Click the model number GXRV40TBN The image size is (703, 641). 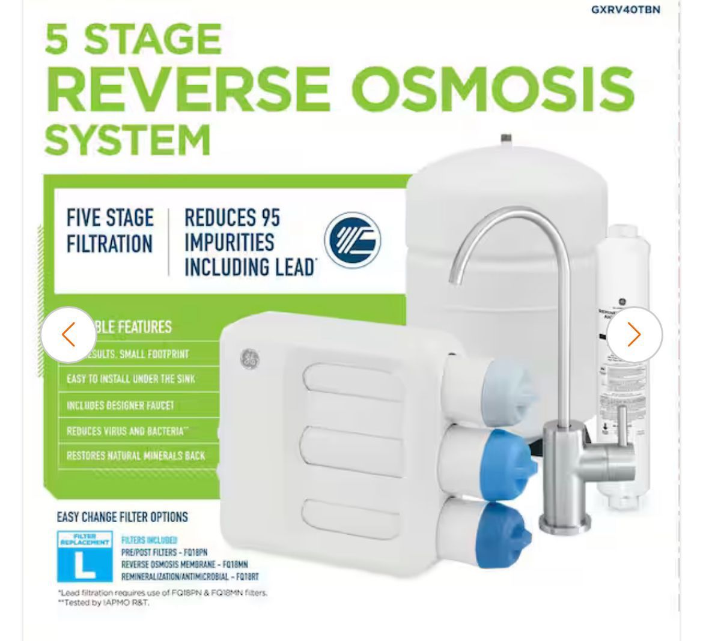click(625, 10)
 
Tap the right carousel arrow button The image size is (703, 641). click(634, 334)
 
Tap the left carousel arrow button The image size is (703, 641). click(68, 334)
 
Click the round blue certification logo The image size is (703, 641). click(353, 241)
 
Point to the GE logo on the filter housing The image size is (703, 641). click(249, 358)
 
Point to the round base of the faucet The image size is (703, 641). click(559, 524)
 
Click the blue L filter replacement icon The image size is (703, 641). click(84, 556)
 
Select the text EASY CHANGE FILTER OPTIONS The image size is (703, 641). click(122, 517)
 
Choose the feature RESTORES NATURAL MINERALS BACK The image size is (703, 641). click(136, 456)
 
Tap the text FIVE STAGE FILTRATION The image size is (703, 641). click(110, 231)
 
